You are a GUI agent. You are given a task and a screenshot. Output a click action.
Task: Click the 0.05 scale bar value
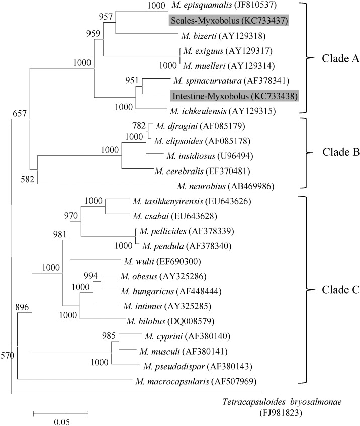[61, 421]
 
